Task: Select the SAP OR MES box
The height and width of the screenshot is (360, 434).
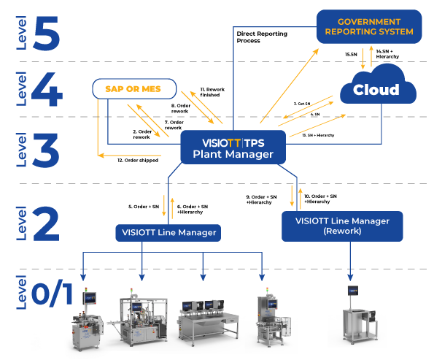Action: coord(135,89)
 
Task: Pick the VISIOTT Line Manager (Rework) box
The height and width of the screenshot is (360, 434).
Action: coord(342,226)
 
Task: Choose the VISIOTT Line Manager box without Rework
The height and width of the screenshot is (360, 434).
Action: coord(168,232)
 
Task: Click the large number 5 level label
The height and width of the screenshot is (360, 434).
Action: coord(45,31)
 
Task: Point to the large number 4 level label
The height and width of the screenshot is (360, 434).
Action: coord(46,92)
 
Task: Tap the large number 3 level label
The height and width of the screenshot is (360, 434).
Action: coord(46,149)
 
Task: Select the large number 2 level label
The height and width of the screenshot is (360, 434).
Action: coord(46,223)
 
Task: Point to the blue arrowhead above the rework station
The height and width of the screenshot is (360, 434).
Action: coord(351,277)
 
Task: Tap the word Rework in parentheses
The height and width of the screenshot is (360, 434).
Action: coord(342,231)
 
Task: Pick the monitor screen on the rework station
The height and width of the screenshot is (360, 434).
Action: coord(352,291)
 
